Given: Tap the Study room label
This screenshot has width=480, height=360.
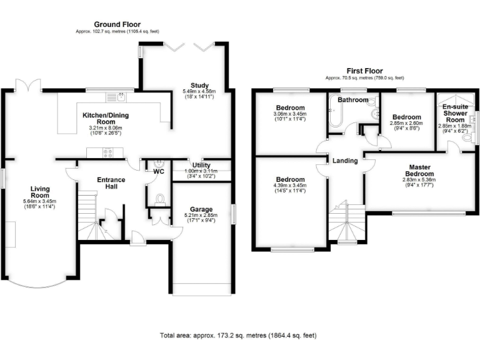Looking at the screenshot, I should coord(199,86).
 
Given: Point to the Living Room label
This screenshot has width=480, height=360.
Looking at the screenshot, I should coord(40,190).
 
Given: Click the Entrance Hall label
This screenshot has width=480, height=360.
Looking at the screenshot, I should coord(111,184).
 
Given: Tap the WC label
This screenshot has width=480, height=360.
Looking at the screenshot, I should coord(159,170).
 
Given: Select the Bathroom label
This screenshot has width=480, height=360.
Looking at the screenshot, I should coord(352,100).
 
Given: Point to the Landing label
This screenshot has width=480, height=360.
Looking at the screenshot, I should coord(345,161).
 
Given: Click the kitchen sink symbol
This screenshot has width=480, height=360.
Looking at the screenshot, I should coord(116,97).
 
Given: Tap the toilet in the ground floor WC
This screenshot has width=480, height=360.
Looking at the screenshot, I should coord(159,199).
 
